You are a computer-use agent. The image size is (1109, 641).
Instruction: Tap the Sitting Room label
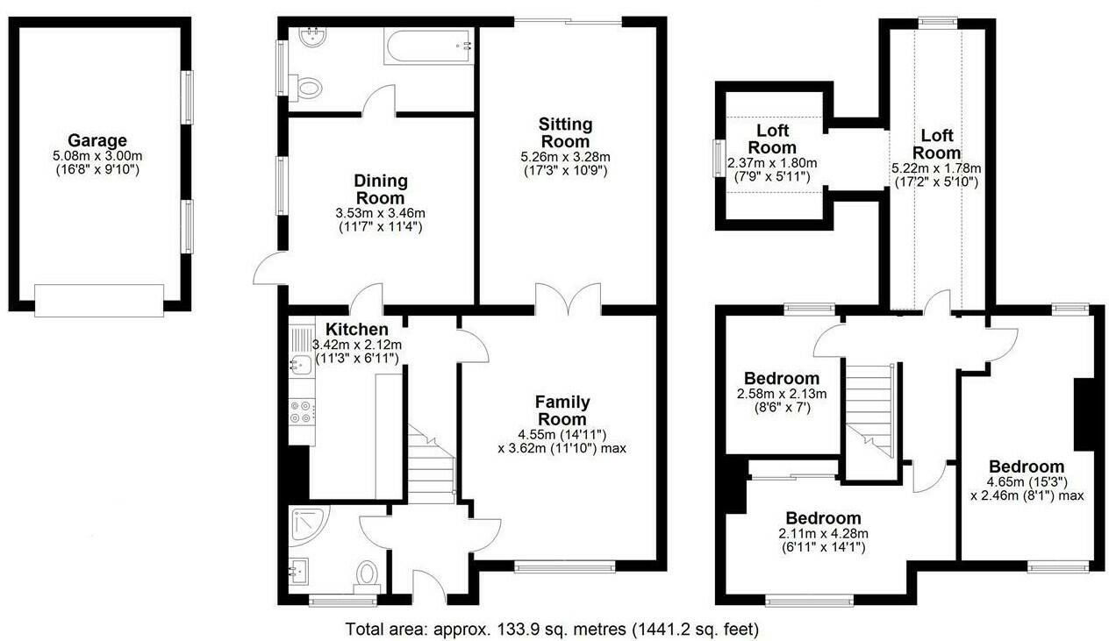[565, 132]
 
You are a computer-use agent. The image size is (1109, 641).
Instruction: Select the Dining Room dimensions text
[381, 220]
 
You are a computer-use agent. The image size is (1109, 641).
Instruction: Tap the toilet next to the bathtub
[307, 86]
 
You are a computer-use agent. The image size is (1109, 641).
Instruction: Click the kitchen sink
[297, 364]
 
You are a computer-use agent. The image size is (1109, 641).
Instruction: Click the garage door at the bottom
[99, 300]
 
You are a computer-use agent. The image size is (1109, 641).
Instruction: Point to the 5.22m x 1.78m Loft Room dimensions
[937, 175]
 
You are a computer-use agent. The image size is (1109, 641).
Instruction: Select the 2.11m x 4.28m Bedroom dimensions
[822, 540]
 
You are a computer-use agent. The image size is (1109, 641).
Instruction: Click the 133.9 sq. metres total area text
[552, 629]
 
